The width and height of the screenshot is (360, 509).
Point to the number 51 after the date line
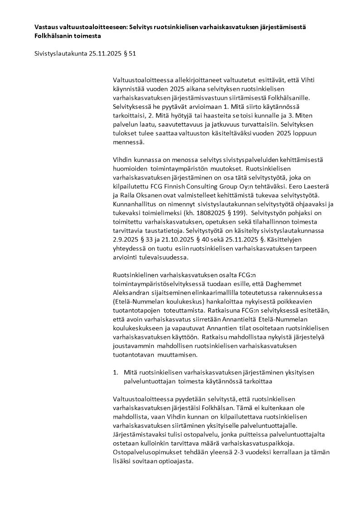click(132, 54)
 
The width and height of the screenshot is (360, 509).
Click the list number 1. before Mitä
click(116, 372)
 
